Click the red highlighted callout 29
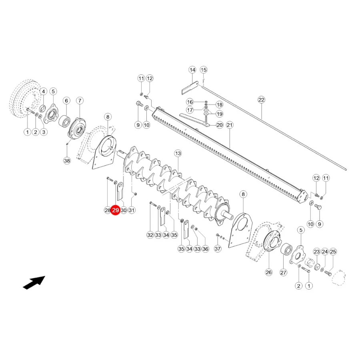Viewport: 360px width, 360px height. click(115, 210)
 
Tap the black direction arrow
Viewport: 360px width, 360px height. click(34, 282)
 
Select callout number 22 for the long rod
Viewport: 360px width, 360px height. click(261, 100)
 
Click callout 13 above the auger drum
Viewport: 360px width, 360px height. click(178, 153)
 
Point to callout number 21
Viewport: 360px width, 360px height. click(230, 125)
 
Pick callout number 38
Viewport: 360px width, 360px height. click(67, 160)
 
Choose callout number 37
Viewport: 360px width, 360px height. click(218, 248)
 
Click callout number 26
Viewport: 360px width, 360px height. click(269, 272)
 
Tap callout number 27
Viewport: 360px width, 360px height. click(283, 272)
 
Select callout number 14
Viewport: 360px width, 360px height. click(192, 70)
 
